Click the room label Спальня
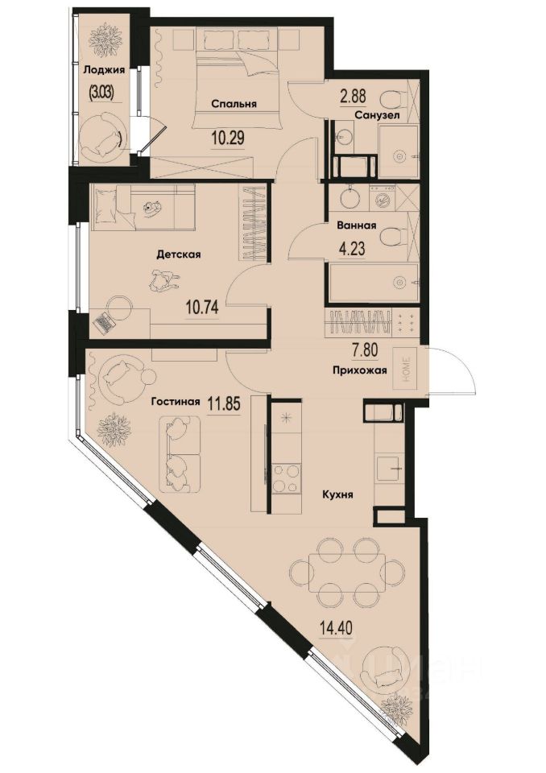click(x=234, y=104)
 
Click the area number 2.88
click(x=354, y=97)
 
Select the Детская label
click(x=178, y=254)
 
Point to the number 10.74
click(x=204, y=306)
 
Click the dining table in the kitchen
click(x=347, y=573)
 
